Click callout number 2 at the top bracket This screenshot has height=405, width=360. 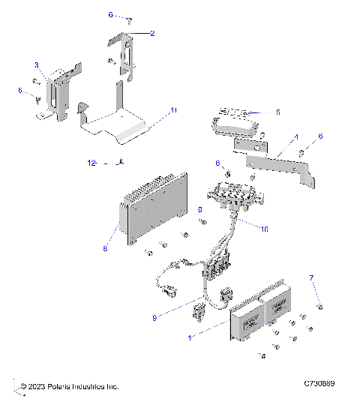point(152,33)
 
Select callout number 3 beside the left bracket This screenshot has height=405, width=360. point(35,66)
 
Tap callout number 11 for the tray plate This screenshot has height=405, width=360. point(173,110)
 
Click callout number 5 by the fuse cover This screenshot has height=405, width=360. point(277,112)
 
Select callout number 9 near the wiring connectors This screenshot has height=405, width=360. point(154,317)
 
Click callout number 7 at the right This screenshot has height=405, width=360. point(311,278)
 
